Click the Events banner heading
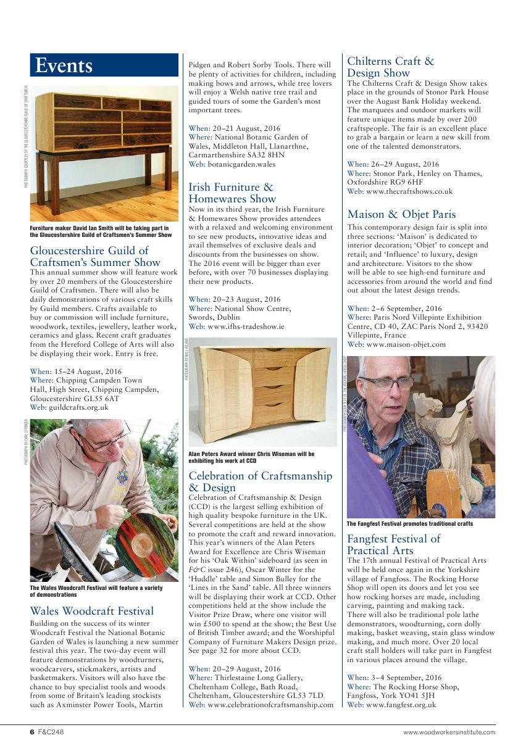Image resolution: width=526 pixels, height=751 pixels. tap(64, 65)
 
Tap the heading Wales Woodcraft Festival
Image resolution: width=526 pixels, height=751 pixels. tap(92, 611)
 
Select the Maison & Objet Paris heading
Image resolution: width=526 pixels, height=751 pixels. tap(401, 214)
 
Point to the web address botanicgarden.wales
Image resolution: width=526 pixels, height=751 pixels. tap(241, 164)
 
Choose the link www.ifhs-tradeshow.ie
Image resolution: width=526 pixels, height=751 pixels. tap(246, 326)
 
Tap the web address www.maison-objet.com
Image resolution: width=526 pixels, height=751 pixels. tap(405, 344)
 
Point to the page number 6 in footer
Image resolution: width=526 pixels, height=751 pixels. tap(32, 732)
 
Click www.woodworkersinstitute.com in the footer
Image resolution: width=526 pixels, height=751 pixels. tap(449, 732)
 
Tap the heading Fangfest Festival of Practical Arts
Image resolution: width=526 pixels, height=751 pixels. tap(393, 544)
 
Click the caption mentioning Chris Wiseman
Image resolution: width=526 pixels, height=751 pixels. tap(251, 457)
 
